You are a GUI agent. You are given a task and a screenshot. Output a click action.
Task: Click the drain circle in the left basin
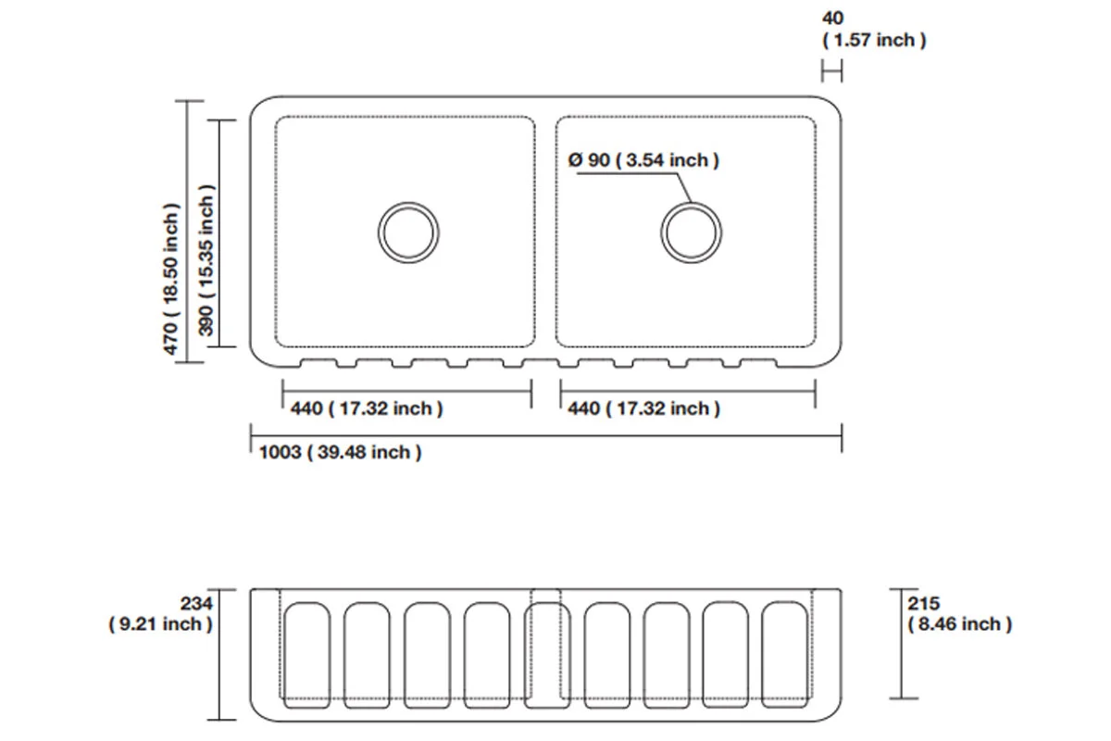pyautogui.click(x=407, y=231)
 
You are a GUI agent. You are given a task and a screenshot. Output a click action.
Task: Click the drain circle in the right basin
pyautogui.click(x=691, y=231)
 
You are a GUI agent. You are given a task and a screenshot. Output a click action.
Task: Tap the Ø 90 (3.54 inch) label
pyautogui.click(x=644, y=160)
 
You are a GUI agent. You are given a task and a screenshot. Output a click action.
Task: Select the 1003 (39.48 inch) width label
pyautogui.click(x=341, y=452)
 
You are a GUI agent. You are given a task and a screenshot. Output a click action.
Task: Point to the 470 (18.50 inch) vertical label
pyautogui.click(x=171, y=278)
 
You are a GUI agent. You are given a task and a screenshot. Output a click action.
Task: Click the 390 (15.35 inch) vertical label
pyautogui.click(x=206, y=260)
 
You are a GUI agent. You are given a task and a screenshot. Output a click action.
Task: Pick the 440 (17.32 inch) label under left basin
pyautogui.click(x=367, y=408)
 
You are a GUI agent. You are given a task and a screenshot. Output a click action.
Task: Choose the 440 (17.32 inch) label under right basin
pyautogui.click(x=643, y=408)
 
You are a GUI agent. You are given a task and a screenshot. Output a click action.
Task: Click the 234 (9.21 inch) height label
pyautogui.click(x=161, y=614)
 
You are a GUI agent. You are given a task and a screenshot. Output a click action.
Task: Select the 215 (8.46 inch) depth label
pyautogui.click(x=960, y=614)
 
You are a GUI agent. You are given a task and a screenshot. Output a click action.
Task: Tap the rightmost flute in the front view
pyautogui.click(x=786, y=655)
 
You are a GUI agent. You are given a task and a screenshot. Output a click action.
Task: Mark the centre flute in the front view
pyautogui.click(x=545, y=655)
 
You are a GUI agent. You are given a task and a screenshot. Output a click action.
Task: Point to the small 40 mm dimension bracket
pyautogui.click(x=831, y=70)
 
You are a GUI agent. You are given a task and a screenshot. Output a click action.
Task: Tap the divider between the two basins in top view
pyautogui.click(x=545, y=232)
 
